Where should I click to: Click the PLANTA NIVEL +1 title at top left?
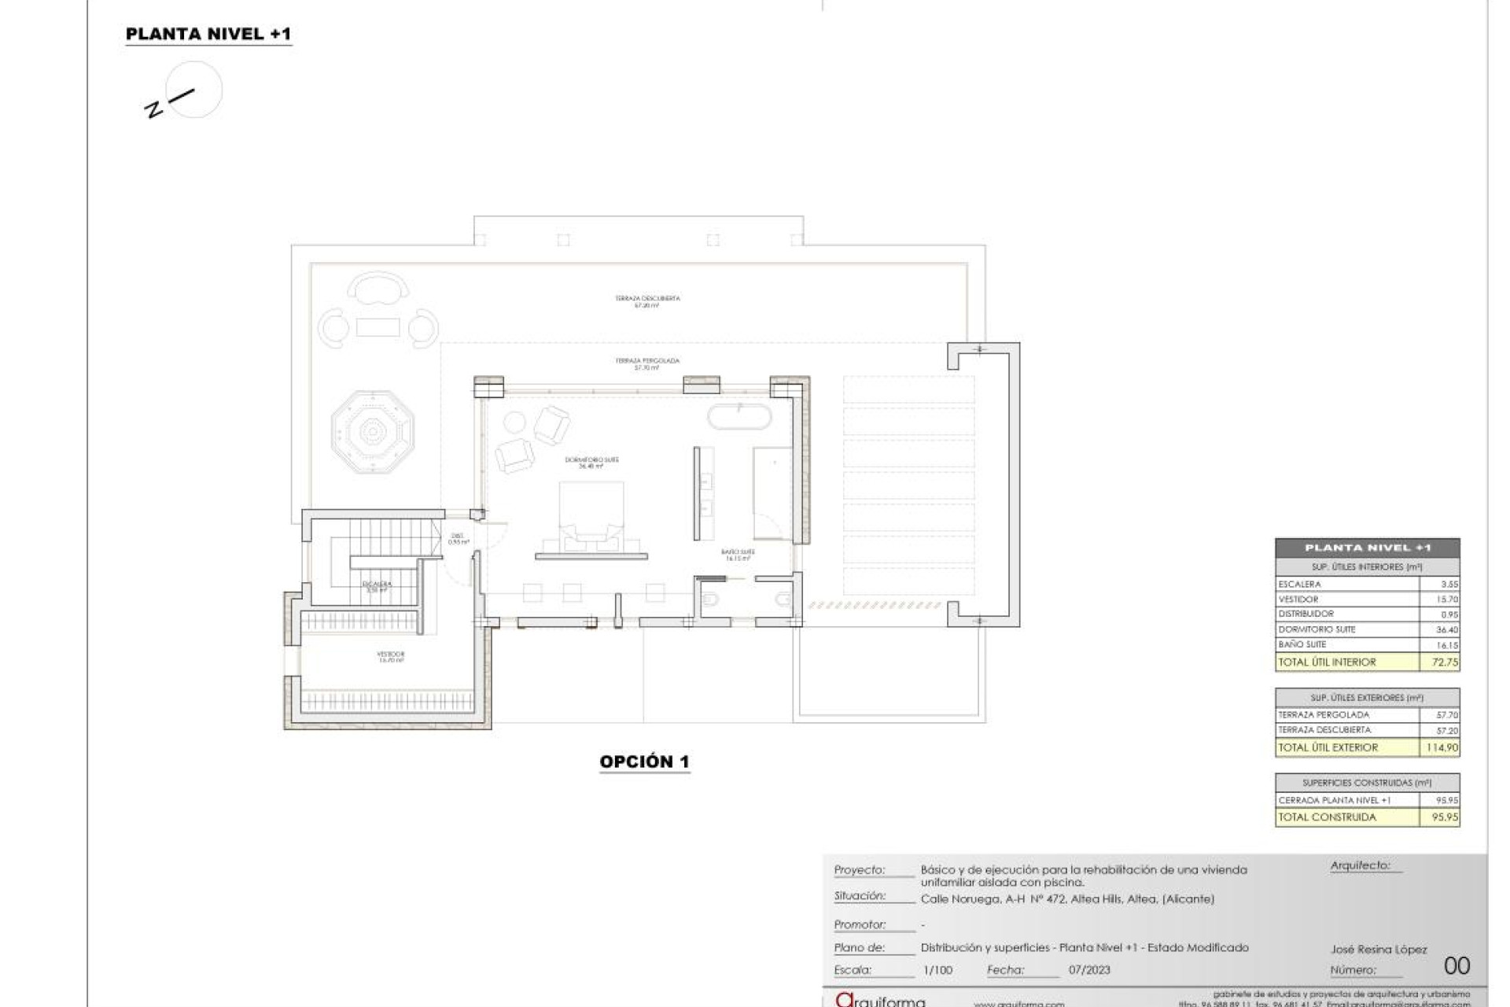pos(208,34)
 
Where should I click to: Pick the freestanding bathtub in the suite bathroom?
pos(739,416)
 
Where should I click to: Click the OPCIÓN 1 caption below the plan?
pos(644,762)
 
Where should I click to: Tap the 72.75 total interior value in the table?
pos(1445,662)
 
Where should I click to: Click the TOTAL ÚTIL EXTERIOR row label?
pos(1328,747)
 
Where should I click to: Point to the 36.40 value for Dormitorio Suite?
pos(1446,629)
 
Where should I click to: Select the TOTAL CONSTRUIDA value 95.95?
pos(1445,817)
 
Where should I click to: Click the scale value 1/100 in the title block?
pos(937,970)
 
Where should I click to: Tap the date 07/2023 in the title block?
pos(1089,970)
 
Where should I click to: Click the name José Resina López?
pos(1379,950)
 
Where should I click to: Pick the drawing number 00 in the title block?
pos(1457,965)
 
